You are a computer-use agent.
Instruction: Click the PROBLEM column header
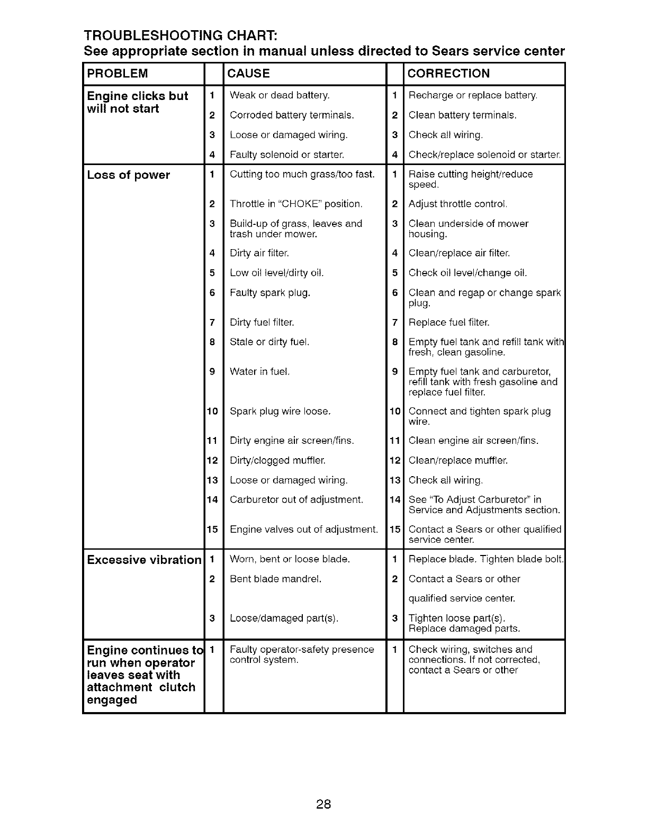click(x=118, y=74)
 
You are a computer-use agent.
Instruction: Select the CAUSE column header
click(x=248, y=74)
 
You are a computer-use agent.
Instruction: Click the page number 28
click(x=323, y=805)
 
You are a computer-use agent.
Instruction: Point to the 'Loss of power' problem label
click(x=128, y=175)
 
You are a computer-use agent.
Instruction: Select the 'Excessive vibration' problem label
click(x=144, y=560)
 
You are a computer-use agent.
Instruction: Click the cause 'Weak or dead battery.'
click(x=280, y=96)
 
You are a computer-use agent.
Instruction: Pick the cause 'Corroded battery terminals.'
click(x=292, y=115)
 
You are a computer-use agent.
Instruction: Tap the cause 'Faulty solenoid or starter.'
click(x=287, y=155)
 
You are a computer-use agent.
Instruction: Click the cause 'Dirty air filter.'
click(x=259, y=253)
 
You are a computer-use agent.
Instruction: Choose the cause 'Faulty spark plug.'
click(x=270, y=293)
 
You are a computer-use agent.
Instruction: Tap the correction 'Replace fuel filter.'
click(x=449, y=322)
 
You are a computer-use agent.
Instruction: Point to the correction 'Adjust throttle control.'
click(x=458, y=204)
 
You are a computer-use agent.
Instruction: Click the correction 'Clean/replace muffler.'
click(x=458, y=460)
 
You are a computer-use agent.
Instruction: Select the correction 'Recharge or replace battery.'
click(x=473, y=96)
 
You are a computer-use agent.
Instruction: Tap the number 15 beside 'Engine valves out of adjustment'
click(x=212, y=529)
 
